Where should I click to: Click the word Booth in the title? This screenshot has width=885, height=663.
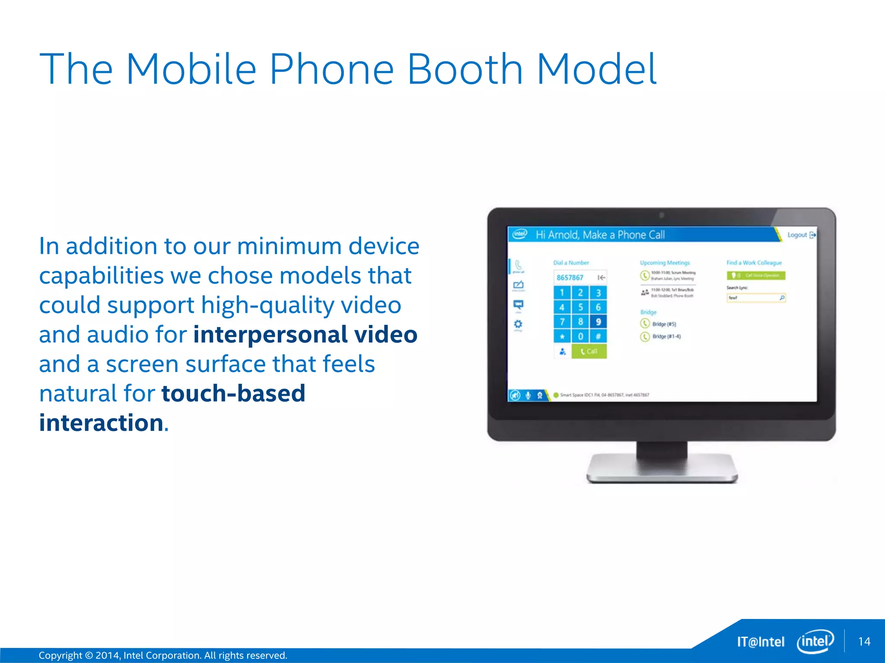(465, 69)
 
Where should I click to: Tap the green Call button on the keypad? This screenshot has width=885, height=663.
(589, 351)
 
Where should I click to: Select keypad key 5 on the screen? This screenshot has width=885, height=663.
(580, 307)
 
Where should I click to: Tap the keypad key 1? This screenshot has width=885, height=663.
(562, 293)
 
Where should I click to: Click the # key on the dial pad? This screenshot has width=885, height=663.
(598, 336)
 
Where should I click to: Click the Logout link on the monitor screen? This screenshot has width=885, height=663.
(797, 235)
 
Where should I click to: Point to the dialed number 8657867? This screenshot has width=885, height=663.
(570, 278)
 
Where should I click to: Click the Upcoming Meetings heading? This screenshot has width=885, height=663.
(665, 262)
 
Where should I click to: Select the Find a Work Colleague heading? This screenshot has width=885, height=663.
(754, 262)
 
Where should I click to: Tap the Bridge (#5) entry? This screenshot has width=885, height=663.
(663, 324)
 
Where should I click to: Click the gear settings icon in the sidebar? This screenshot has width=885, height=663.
(518, 324)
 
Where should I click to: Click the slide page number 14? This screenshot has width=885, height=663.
(864, 641)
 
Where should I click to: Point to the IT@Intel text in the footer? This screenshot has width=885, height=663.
(761, 642)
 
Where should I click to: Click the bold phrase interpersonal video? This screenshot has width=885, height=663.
(305, 335)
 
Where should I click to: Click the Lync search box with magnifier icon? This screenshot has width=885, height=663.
(756, 298)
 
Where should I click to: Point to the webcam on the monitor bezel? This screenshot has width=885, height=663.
(662, 215)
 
